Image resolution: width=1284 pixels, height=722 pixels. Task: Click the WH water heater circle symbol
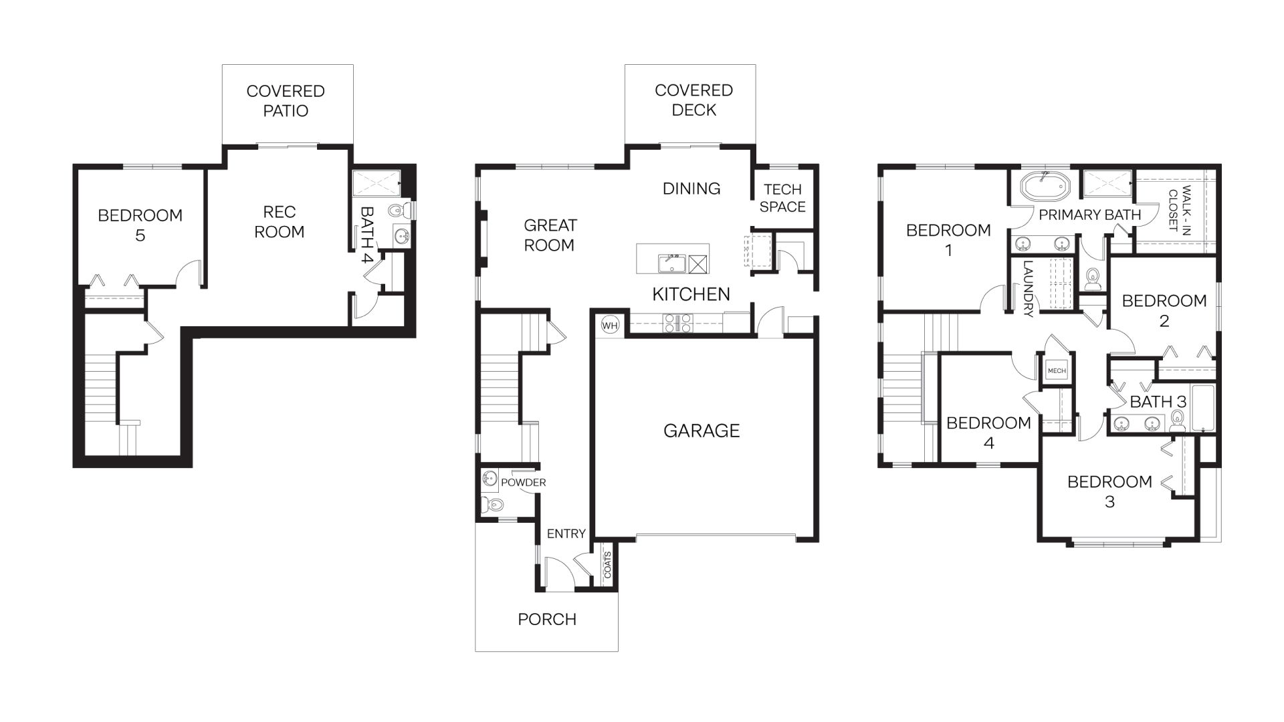(609, 326)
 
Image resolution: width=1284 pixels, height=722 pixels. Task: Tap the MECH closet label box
(1057, 370)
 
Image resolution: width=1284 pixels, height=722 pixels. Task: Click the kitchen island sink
(671, 263)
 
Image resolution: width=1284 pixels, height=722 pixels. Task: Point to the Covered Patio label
(286, 101)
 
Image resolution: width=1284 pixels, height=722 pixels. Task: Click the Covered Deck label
(693, 100)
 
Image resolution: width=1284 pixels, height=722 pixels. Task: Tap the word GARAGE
(702, 431)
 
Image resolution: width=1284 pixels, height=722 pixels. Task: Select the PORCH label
(547, 619)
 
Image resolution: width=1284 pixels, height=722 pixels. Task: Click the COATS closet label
(608, 565)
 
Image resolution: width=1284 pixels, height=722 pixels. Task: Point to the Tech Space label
(782, 199)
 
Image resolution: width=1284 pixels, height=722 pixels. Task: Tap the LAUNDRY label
(1028, 288)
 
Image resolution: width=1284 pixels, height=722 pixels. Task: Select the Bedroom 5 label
(140, 225)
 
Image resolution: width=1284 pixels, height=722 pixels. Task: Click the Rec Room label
(280, 222)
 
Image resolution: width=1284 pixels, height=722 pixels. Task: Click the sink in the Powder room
(489, 479)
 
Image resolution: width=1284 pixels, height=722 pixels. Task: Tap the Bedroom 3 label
(1109, 491)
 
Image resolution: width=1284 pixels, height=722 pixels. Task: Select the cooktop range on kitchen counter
(677, 323)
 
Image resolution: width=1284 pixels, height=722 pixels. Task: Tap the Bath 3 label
(1158, 402)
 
